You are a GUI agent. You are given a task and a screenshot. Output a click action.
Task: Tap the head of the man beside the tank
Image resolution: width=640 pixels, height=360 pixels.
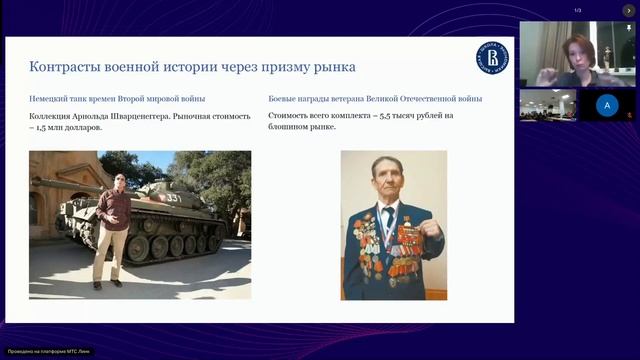click(119, 180)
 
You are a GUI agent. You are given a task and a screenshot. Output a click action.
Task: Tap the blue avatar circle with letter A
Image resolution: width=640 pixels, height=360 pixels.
click(606, 104)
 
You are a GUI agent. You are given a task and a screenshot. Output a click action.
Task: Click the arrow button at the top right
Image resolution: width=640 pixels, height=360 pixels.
click(629, 10)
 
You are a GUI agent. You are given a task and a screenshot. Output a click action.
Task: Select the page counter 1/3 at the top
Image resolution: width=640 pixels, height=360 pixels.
click(577, 10)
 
